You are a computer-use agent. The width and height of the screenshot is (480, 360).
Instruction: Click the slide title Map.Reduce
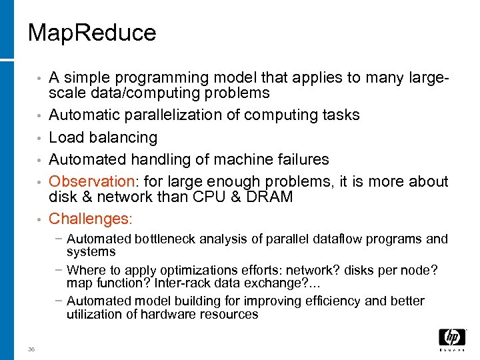[92, 33]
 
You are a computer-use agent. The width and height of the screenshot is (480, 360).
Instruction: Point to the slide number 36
[32, 349]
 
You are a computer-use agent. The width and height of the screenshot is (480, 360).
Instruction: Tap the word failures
[299, 160]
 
